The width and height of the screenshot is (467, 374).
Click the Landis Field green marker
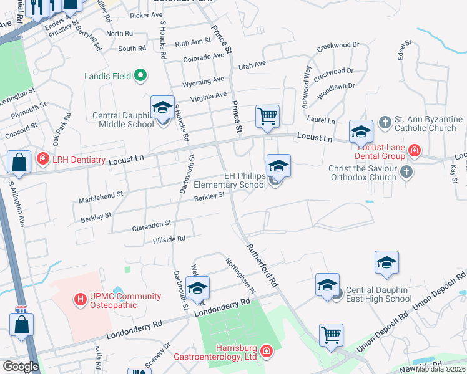140,76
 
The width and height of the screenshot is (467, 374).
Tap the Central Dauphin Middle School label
123,120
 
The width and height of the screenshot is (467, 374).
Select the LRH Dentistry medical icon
42,160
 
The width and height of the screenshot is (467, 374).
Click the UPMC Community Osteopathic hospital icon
80,299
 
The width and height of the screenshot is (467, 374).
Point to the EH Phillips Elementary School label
230,180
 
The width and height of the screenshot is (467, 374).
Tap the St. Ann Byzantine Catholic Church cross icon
385,122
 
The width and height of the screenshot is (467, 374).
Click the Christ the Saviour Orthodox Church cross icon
406,171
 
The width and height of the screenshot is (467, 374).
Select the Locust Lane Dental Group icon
415,150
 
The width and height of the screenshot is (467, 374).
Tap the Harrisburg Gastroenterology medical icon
266,352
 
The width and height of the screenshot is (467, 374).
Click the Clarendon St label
151,223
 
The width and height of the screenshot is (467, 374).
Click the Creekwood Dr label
338,46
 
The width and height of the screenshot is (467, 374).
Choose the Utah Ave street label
251,64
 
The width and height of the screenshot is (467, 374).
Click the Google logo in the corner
20,367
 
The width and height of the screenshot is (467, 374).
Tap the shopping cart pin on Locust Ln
267,116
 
